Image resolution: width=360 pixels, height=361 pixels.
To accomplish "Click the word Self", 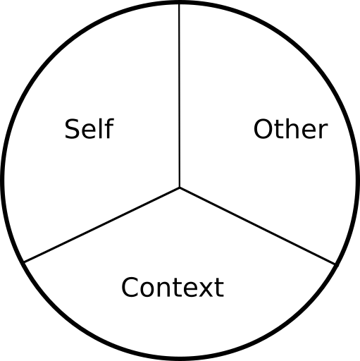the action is point(89,129).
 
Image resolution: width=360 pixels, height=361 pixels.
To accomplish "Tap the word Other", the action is point(291,129).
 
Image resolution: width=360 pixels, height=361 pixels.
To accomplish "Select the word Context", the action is point(173,287).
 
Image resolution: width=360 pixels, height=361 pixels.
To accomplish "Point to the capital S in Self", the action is point(72,129).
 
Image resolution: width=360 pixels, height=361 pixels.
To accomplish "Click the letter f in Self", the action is point(109,128).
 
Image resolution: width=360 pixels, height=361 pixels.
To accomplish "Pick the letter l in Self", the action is point(101,128).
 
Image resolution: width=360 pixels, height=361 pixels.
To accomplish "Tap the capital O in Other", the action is point(263,129).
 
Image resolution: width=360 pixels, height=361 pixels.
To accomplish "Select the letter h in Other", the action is point(292,128).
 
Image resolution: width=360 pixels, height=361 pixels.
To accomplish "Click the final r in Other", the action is point(323,131).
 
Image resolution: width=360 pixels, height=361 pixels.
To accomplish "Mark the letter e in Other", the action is point(309,131).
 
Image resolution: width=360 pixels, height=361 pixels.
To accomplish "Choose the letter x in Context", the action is point(206,290).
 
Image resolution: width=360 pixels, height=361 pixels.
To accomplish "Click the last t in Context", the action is point(219,288).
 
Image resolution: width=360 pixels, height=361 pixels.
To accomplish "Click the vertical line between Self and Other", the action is point(180,95).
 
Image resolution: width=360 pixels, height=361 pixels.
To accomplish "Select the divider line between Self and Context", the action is point(102,225).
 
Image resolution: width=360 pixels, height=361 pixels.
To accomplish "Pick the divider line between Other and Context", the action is point(257,226).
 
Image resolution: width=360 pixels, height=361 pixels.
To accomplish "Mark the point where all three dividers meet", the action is point(180,188).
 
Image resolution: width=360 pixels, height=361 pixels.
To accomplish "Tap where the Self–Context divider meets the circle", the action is point(25,262).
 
